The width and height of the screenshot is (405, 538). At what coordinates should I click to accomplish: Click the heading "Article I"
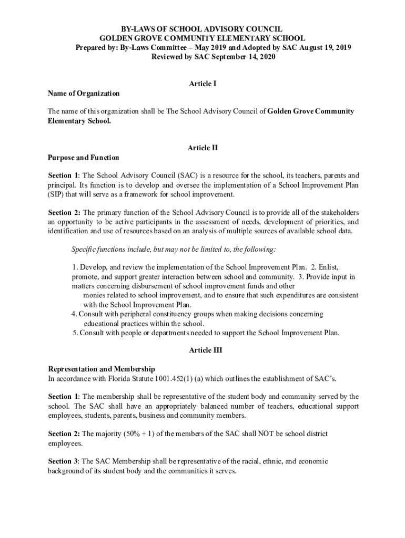(x=202, y=84)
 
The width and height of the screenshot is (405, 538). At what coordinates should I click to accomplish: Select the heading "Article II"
(x=202, y=148)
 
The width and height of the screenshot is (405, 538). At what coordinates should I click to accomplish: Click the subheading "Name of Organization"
(x=84, y=94)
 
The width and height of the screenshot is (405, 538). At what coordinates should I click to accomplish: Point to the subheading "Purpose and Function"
(x=84, y=158)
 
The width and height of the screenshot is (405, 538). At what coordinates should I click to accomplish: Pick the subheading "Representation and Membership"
(x=102, y=369)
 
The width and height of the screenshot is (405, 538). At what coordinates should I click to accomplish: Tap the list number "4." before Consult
(x=74, y=314)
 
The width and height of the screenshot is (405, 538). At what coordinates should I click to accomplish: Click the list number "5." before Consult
(x=76, y=333)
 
